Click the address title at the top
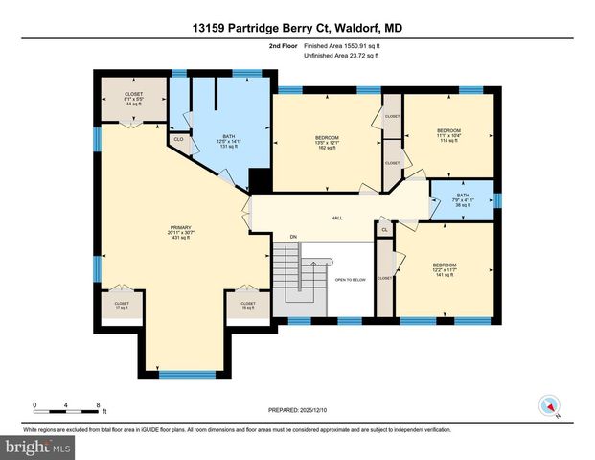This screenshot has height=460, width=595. tap(297, 30)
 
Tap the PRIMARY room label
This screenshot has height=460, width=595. tap(181, 233)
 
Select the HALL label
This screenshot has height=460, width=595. tap(337, 218)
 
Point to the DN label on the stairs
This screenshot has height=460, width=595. tap(294, 236)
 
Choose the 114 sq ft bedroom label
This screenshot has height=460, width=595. tap(448, 134)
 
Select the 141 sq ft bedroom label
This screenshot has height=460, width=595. tap(444, 268)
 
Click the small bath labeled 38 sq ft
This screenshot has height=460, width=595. tap(462, 201)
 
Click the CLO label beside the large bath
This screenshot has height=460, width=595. tap(178, 140)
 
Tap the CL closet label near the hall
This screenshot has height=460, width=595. tap(384, 230)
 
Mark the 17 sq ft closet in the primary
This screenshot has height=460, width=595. tap(122, 306)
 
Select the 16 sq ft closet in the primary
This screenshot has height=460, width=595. tap(246, 306)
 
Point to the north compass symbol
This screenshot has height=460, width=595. tap(549, 403)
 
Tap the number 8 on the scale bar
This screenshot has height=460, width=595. tap(99, 404)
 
